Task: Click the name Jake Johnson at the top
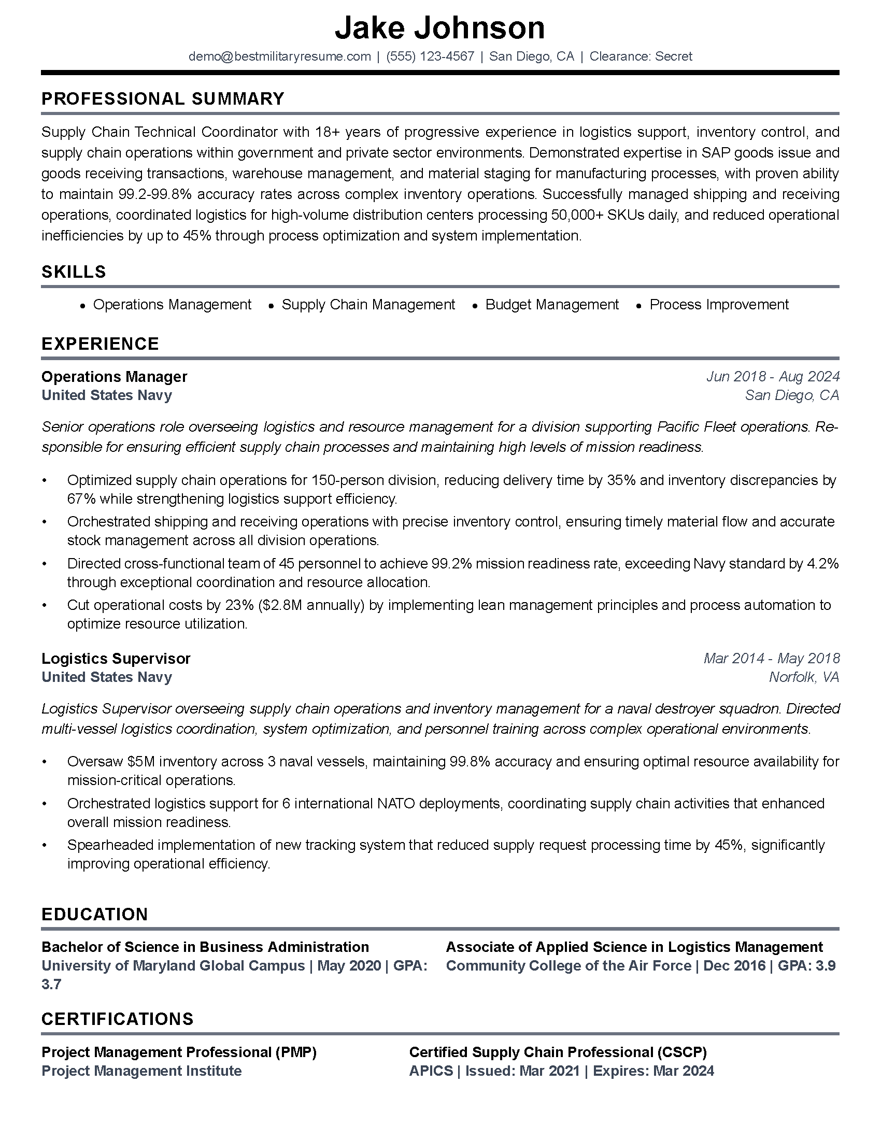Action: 439,28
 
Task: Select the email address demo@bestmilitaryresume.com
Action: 279,56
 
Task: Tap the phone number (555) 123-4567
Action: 430,56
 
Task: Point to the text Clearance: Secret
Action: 641,56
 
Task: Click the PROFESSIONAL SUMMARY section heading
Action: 163,98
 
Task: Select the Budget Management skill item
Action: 552,304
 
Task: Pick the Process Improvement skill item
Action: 719,304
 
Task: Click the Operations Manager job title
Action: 115,376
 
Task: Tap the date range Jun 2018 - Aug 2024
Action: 773,376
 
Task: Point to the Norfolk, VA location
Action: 804,677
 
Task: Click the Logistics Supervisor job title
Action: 116,658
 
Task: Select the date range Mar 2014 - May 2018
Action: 772,658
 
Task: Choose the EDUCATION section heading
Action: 94,914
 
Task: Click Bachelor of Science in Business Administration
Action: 205,947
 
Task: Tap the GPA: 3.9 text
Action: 806,966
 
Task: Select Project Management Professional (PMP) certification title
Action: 179,1052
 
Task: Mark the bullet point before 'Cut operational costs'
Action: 45,605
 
